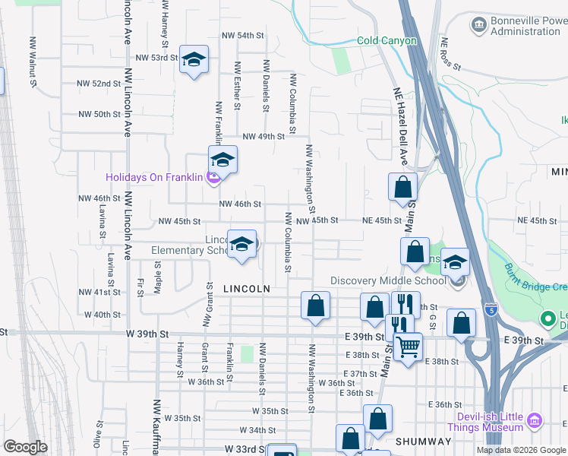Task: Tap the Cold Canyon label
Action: [x=387, y=40]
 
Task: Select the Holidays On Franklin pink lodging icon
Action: [x=212, y=178]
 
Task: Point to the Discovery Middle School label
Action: [x=388, y=280]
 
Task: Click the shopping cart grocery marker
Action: [x=409, y=347]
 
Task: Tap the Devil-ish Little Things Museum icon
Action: [x=535, y=420]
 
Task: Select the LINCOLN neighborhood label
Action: [x=247, y=289]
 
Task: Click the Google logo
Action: [x=25, y=447]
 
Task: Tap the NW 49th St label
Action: [x=263, y=137]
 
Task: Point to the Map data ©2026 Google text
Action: [x=521, y=450]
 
